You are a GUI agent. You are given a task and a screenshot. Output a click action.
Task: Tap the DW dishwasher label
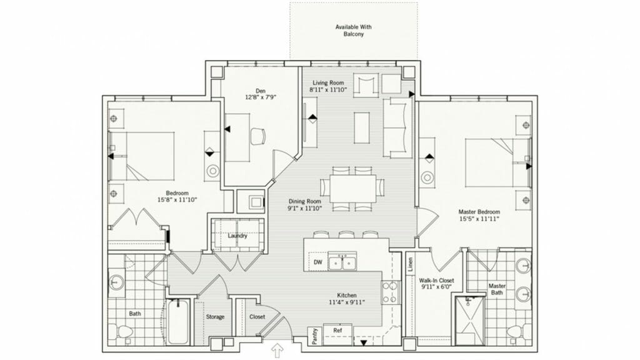318,262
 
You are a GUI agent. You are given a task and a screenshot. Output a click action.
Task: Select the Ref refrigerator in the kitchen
338,334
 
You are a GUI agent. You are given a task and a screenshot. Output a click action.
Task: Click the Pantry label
315,336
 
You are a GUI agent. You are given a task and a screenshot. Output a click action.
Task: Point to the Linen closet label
410,264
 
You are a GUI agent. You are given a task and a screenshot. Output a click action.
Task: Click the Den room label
261,91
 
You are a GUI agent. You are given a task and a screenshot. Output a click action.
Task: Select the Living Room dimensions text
328,89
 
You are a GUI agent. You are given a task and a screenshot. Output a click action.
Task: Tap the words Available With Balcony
354,31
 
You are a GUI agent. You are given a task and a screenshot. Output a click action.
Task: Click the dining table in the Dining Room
352,188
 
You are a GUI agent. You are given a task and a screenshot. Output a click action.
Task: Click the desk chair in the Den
257,136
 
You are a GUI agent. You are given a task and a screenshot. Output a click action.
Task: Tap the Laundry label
237,236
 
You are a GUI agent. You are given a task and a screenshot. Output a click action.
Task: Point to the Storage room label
215,317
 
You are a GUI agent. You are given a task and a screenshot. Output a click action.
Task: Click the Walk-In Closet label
436,281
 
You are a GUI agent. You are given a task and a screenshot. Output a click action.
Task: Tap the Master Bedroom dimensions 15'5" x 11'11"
479,219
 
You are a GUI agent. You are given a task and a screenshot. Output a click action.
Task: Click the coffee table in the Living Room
362,127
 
